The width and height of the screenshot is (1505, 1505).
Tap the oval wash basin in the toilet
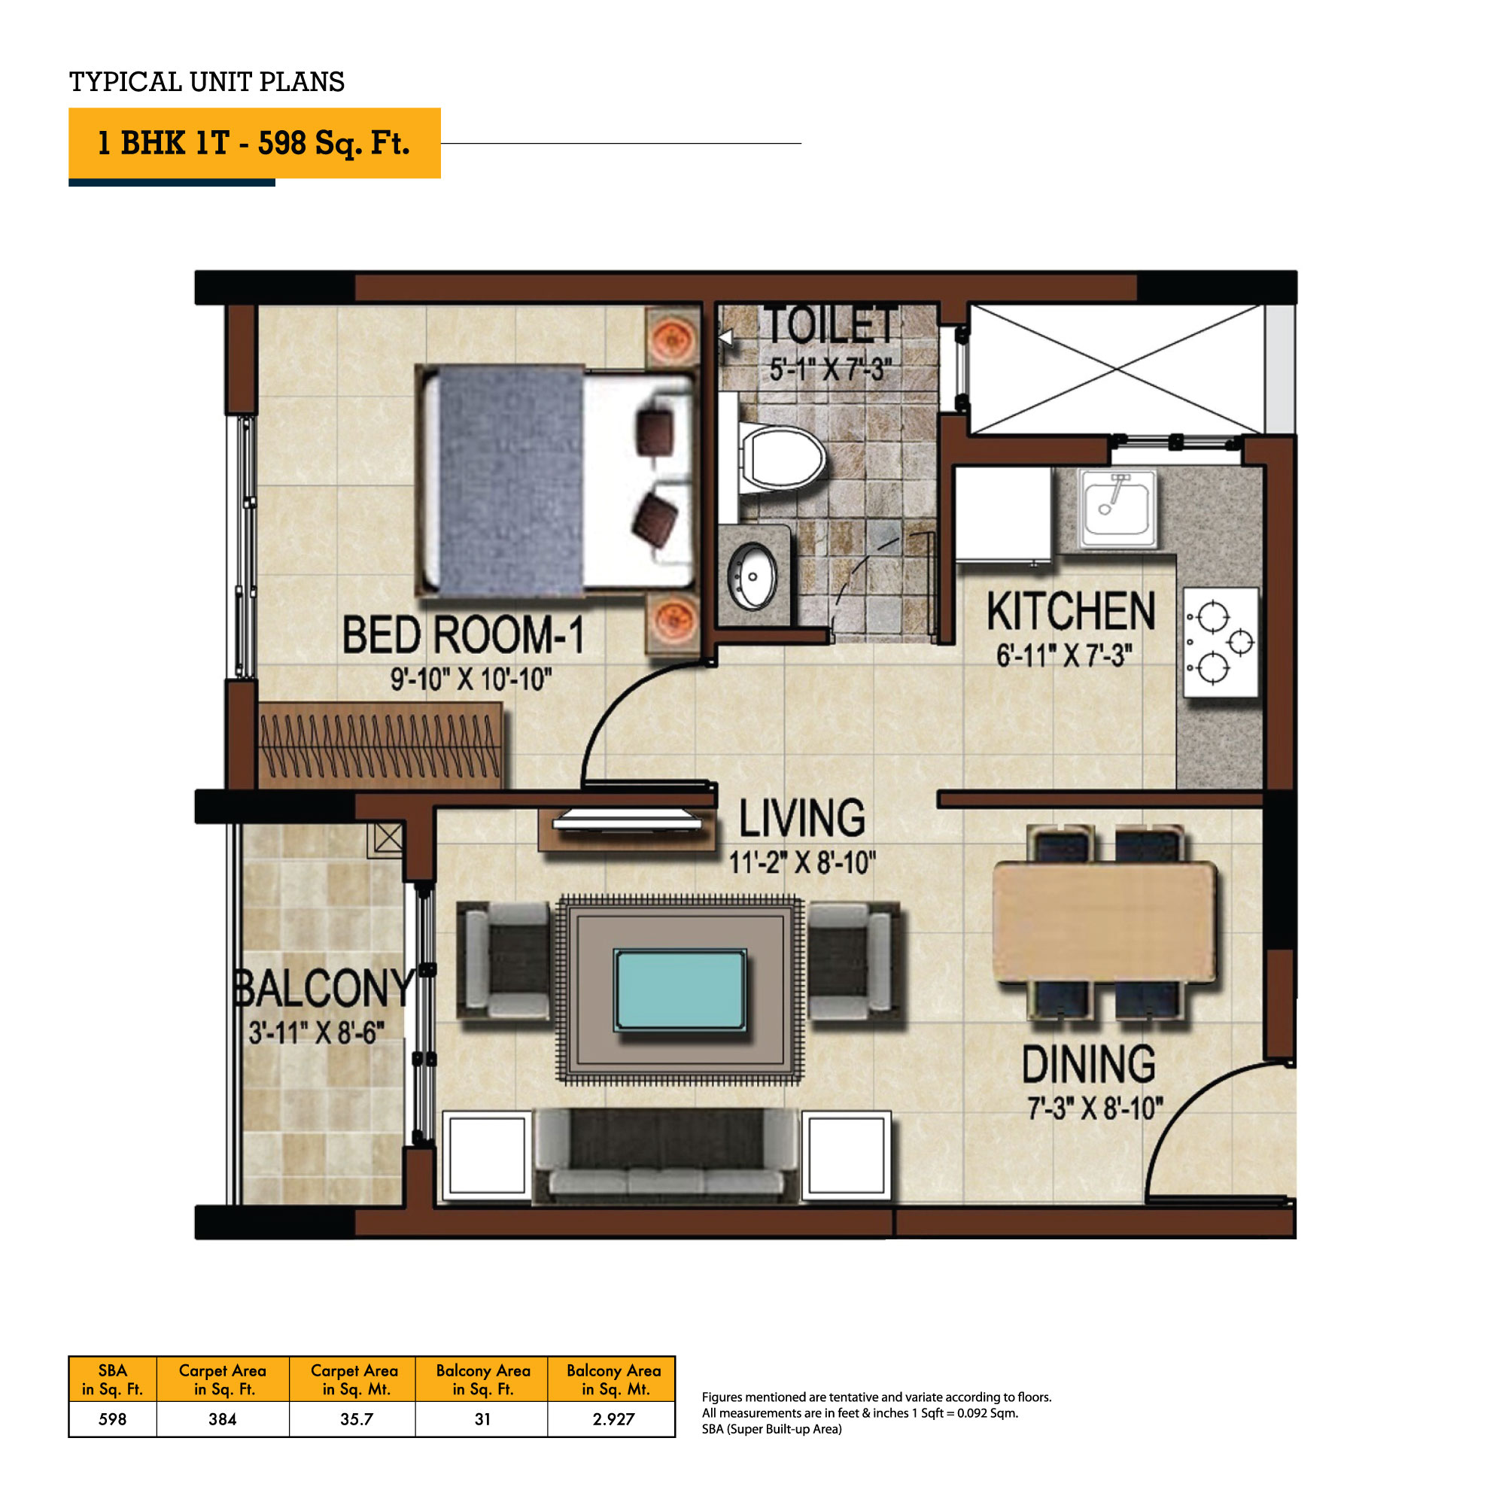tap(751, 576)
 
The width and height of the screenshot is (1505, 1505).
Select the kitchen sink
tap(1118, 508)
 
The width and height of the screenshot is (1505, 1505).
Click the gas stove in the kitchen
tap(1221, 642)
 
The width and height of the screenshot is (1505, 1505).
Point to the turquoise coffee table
tap(680, 990)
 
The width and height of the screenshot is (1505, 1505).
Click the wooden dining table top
tap(1105, 922)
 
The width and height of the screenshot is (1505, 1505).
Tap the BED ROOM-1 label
tap(464, 635)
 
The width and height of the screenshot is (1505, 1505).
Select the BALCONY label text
tap(324, 988)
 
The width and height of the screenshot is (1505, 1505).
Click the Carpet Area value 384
tap(222, 1419)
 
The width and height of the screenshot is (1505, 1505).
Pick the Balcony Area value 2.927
tap(614, 1419)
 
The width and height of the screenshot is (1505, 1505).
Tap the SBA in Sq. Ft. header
tap(113, 1379)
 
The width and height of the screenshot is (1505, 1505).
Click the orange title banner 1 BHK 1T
tap(255, 143)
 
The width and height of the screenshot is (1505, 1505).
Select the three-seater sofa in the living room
tap(666, 1155)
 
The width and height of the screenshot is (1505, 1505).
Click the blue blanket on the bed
tap(510, 480)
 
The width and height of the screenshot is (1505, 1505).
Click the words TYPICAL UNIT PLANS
tap(207, 82)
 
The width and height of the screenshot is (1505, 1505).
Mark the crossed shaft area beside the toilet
tap(1115, 369)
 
